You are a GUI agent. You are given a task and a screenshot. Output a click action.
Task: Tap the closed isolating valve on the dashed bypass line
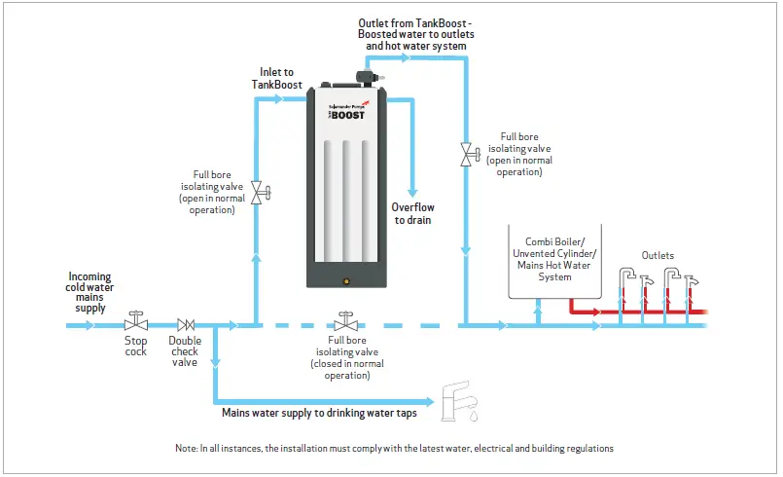click(x=345, y=321)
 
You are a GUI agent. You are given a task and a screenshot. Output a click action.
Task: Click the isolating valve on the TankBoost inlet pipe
click(x=256, y=191)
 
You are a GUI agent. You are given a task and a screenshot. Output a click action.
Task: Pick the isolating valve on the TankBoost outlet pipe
click(x=466, y=153)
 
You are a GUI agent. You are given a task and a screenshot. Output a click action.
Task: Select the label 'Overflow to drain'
click(x=412, y=213)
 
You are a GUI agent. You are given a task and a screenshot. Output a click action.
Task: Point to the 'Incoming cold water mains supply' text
click(x=90, y=291)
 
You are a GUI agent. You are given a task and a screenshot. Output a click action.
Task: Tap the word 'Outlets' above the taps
click(x=658, y=255)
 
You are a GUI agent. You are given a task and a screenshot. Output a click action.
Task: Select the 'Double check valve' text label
click(x=185, y=351)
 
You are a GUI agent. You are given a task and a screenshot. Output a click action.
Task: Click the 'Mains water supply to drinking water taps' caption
click(x=318, y=413)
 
